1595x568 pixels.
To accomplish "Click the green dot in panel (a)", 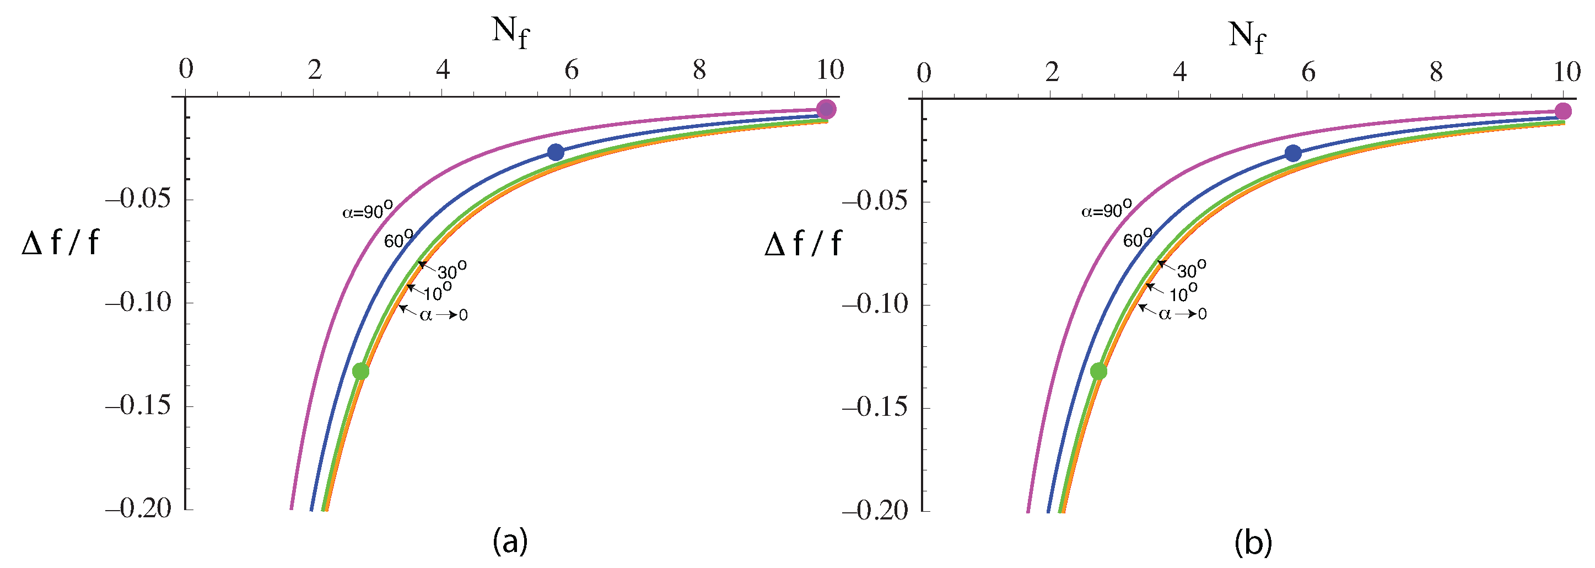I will pos(360,371).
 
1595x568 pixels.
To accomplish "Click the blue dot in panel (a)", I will pos(556,152).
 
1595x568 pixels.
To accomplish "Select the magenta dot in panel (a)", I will pos(826,109).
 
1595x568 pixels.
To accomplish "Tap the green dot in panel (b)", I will pos(1098,371).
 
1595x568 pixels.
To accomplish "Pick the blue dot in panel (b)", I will pos(1293,153).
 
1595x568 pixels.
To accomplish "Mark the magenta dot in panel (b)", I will pos(1563,111).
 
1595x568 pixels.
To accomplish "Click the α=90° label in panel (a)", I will pos(367,211).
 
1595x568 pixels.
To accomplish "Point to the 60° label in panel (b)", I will pos(1138,238).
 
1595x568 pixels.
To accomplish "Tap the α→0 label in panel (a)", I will pos(443,315).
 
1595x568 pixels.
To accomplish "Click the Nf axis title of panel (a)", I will pos(510,32).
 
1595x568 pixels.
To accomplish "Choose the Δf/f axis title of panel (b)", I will pos(803,243).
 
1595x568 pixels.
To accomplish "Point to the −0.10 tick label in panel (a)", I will pos(137,302).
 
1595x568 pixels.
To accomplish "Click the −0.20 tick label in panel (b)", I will pos(874,511).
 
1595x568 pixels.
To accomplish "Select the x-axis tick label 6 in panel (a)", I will pos(571,70).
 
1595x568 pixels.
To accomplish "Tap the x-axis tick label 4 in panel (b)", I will pos(1179,72).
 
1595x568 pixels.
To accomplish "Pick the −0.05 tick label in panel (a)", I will pos(137,199).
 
